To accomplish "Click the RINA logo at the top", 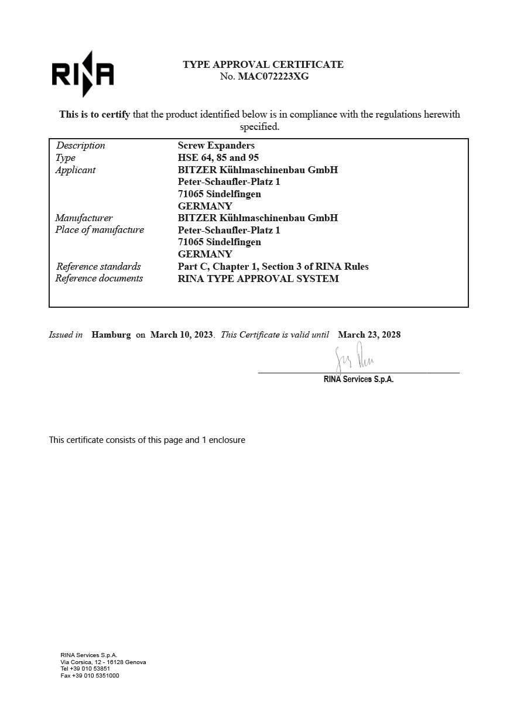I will [x=83, y=74].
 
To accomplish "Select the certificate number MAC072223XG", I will [x=273, y=76].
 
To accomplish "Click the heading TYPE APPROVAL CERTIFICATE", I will [x=263, y=64].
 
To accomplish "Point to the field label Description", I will [x=81, y=146].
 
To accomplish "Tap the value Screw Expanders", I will [x=216, y=146].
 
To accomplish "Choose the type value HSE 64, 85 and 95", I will [x=218, y=157].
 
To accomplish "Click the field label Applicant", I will [x=76, y=170].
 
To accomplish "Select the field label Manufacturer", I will [x=84, y=218].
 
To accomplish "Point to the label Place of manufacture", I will [x=100, y=230].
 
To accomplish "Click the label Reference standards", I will [x=98, y=266].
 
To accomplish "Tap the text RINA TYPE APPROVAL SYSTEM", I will [x=258, y=279].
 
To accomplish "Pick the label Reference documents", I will [x=99, y=279].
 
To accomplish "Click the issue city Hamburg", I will [x=111, y=335].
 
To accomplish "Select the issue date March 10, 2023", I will [x=181, y=335].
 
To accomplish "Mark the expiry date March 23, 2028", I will [x=369, y=335].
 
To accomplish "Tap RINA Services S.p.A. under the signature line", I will [x=358, y=379].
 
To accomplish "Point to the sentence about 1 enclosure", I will [x=147, y=439].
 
